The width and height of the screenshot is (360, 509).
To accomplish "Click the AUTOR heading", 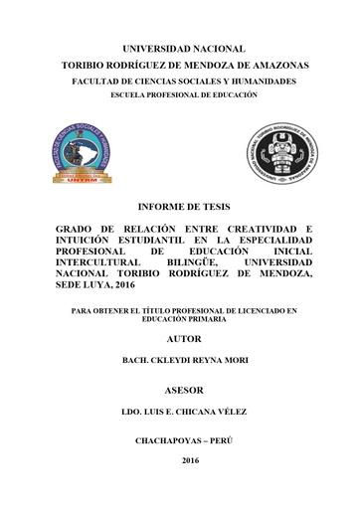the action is [x=179, y=339].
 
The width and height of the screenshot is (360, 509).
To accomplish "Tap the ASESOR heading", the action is [x=179, y=390].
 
